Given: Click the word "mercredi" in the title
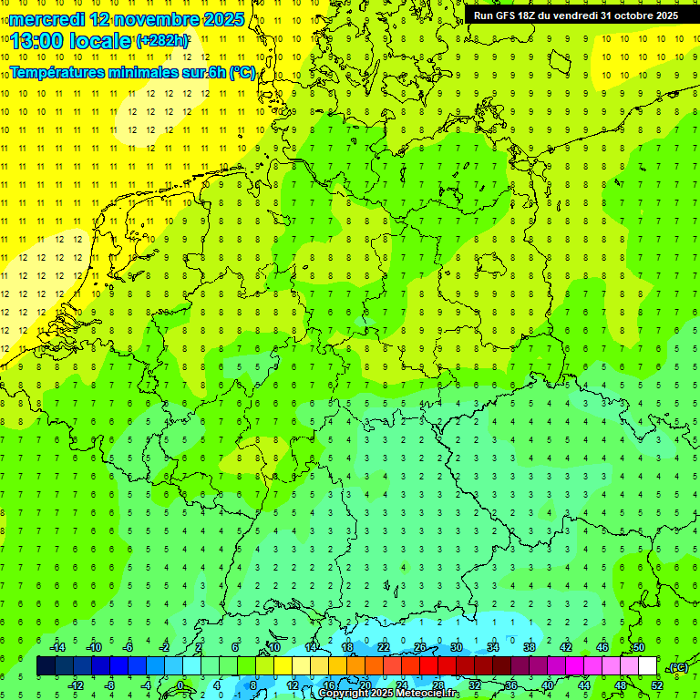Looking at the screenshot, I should click(x=47, y=19).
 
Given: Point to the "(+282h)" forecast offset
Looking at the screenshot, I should click(x=162, y=41).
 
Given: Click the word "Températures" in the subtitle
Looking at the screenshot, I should click(x=60, y=73).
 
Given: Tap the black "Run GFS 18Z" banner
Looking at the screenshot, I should click(x=575, y=15).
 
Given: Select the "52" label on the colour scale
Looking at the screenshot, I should click(x=657, y=685).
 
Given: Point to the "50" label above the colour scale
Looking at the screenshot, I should click(x=639, y=647).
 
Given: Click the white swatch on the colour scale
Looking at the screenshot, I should click(x=647, y=666).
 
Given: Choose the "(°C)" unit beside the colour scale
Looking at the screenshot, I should click(x=678, y=667).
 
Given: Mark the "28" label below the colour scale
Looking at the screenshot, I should click(x=438, y=685).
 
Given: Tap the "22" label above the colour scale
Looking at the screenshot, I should click(x=384, y=647).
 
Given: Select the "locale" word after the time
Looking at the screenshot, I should click(x=104, y=41).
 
